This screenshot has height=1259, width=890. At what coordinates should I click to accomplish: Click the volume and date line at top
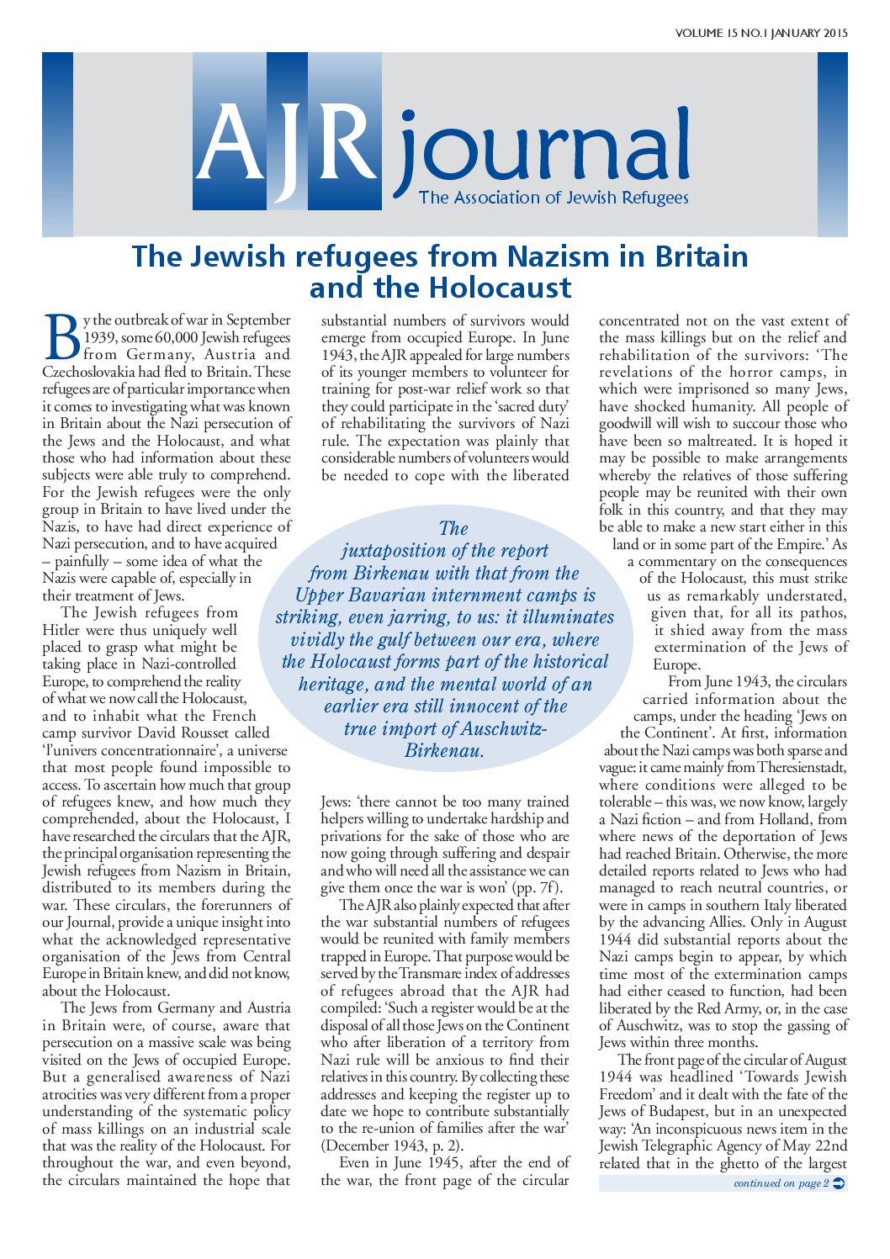(760, 34)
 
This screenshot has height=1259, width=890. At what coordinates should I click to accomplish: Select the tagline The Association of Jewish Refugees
(554, 198)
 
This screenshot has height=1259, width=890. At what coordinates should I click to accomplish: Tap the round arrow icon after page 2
(838, 1183)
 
